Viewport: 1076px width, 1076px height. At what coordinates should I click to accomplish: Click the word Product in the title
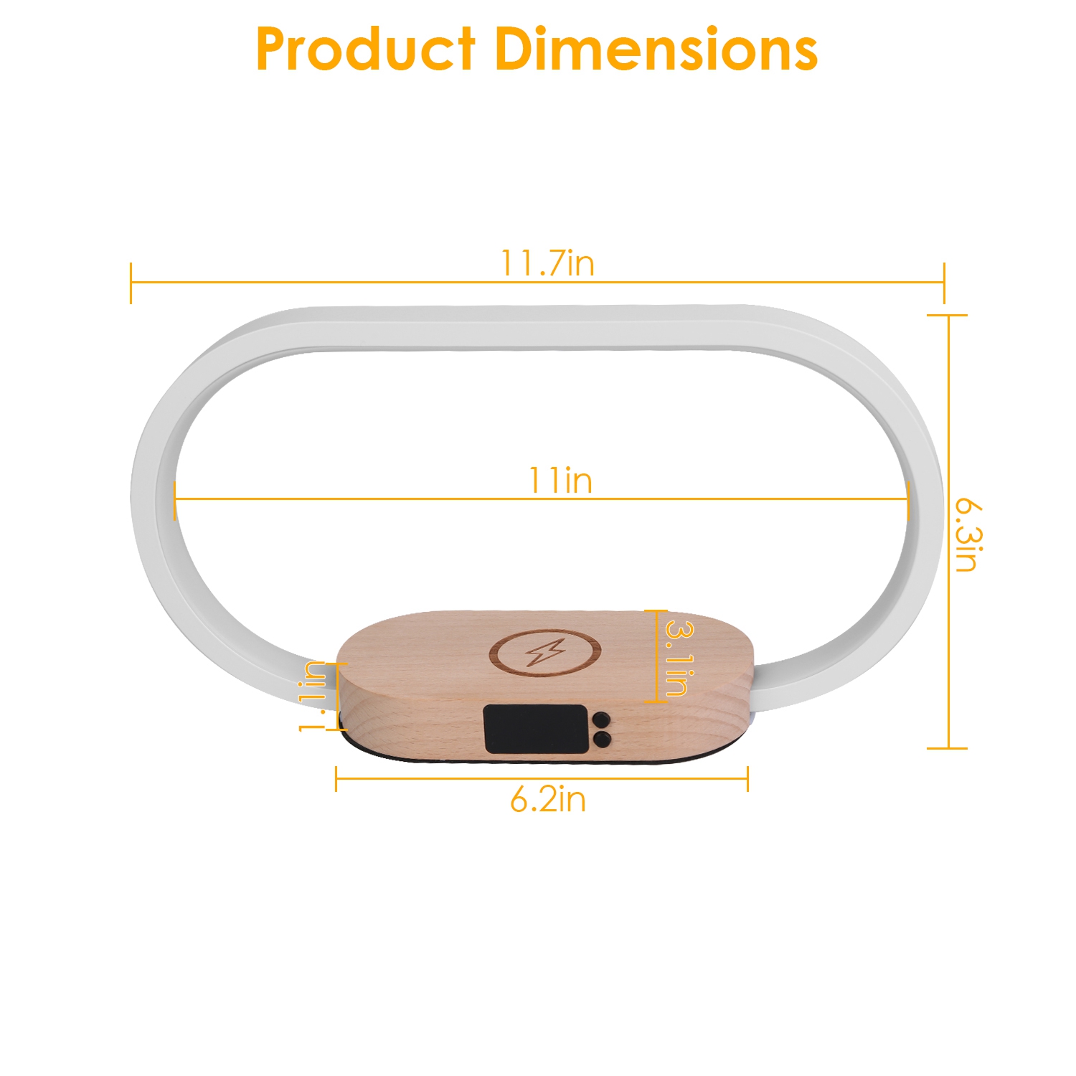[x=365, y=49]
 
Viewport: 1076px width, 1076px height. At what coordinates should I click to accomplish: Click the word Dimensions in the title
[x=656, y=49]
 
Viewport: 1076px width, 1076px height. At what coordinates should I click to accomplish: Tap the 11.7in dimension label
[x=547, y=263]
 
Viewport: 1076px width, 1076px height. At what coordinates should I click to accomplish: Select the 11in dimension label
[x=560, y=481]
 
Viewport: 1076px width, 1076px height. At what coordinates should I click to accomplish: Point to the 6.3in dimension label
[x=968, y=534]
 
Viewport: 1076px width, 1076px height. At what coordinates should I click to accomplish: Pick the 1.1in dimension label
[x=313, y=697]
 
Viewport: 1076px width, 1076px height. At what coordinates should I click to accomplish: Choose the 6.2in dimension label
[x=548, y=799]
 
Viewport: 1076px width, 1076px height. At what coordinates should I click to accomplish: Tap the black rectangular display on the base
[x=536, y=729]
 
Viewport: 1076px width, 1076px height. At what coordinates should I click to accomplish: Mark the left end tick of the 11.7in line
[x=131, y=283]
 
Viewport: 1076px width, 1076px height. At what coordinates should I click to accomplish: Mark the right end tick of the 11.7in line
[x=944, y=283]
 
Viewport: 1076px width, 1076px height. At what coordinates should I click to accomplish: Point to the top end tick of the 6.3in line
[x=948, y=315]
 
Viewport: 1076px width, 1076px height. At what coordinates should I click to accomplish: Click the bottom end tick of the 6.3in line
[x=948, y=748]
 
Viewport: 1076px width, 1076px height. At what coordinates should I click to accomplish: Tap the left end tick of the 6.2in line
[x=336, y=778]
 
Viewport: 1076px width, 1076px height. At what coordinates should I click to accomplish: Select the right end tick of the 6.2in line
[x=747, y=778]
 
